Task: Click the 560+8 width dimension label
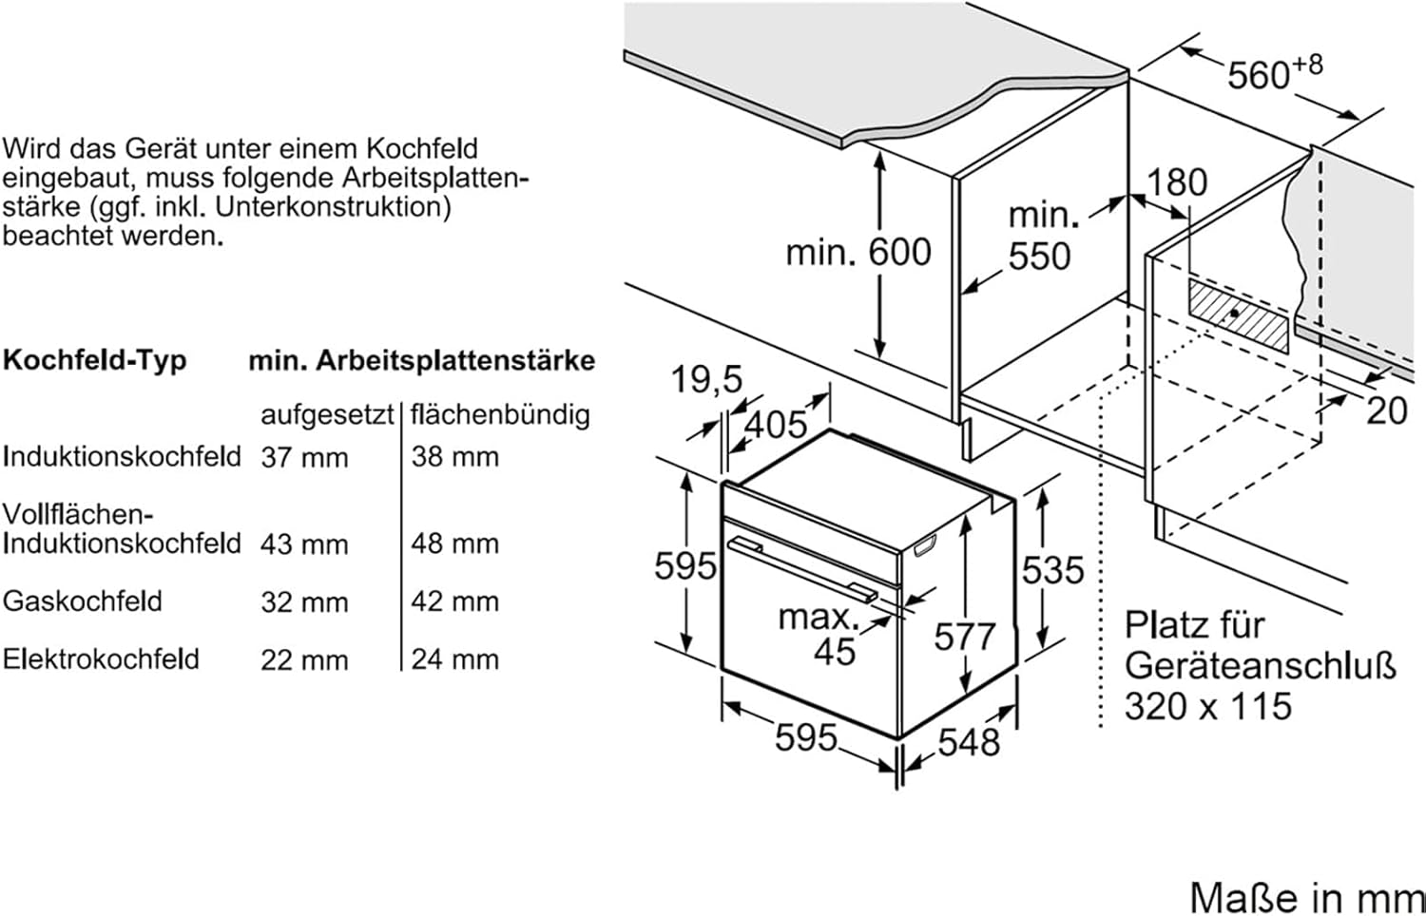(1273, 73)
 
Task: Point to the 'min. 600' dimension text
(858, 253)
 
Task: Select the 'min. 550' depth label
(1042, 237)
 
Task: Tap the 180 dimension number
(1177, 182)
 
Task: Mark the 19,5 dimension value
(705, 379)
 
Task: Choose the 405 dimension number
(775, 424)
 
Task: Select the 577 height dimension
(964, 637)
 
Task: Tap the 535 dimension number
(1052, 570)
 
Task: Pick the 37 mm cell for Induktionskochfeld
(304, 458)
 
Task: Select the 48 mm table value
(454, 544)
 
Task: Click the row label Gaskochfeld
(83, 601)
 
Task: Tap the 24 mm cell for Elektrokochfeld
(454, 659)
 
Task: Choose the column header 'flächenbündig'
(500, 415)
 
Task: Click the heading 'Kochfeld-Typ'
(95, 360)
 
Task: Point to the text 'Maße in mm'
(1306, 897)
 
